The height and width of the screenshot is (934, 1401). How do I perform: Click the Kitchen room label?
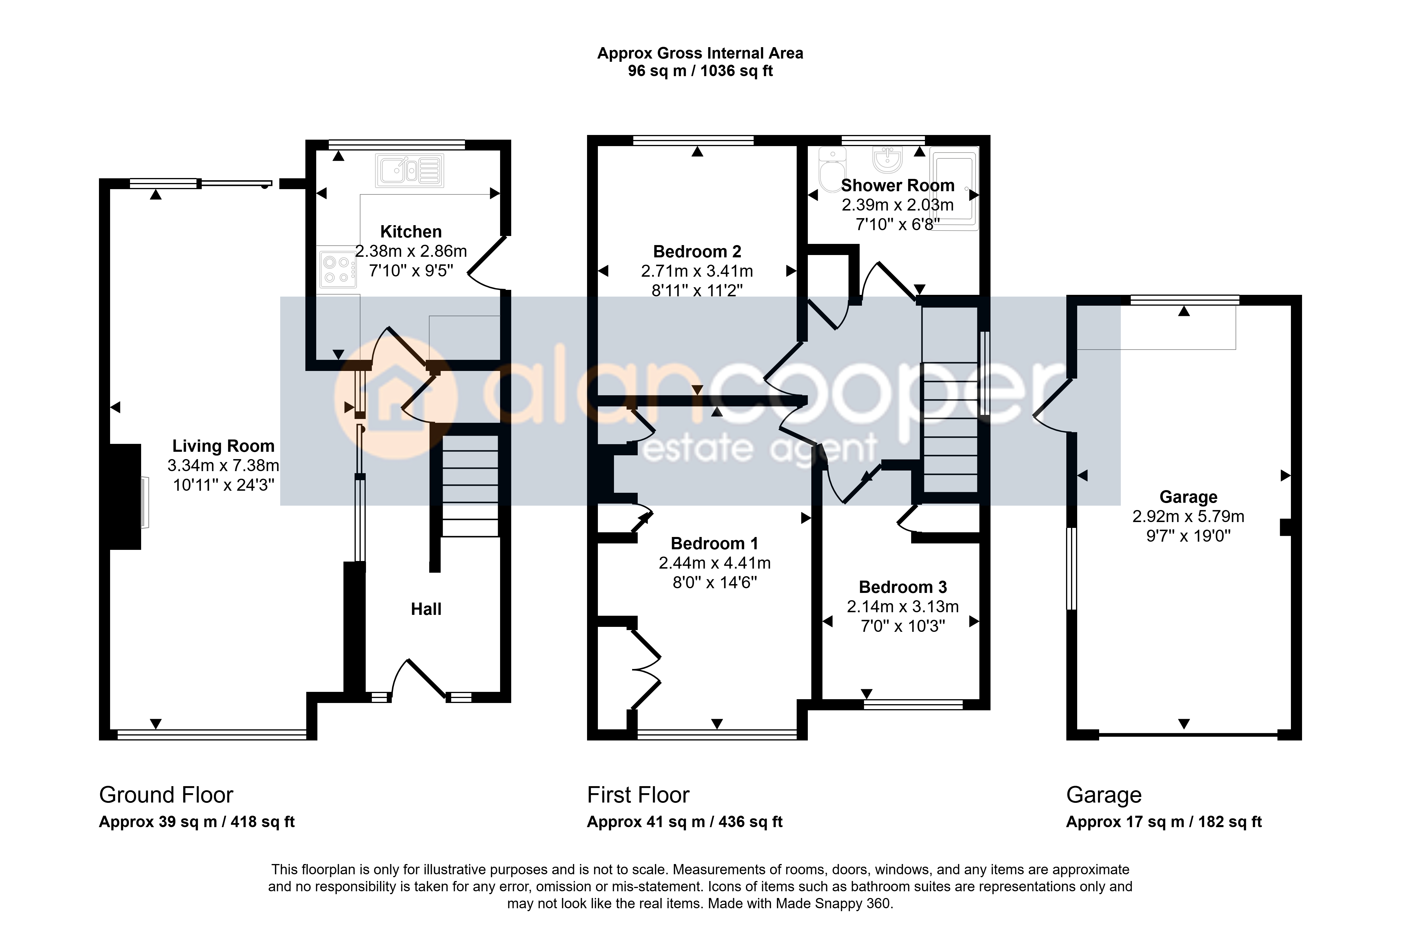tap(411, 232)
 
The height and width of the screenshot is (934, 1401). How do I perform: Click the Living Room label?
tap(223, 446)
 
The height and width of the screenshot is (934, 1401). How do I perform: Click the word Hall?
tap(426, 609)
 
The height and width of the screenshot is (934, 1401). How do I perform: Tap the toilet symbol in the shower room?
tap(832, 170)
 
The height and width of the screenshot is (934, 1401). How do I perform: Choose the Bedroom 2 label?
tap(697, 252)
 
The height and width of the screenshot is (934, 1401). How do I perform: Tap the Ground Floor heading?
tap(166, 795)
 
